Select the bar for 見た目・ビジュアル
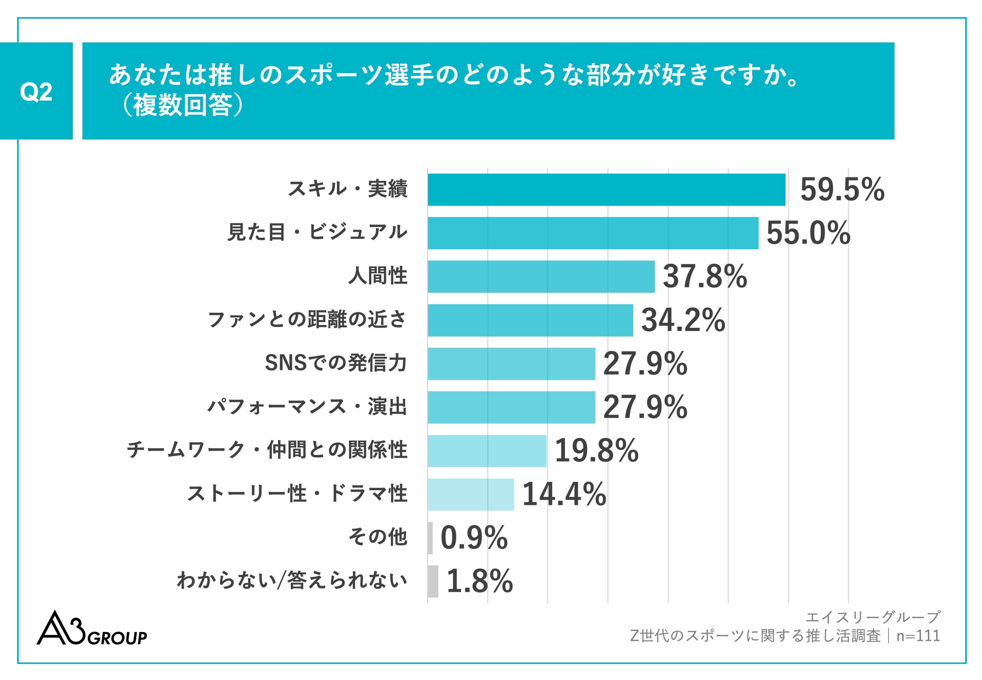point(593,233)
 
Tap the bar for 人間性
point(541,276)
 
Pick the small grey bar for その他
point(430,538)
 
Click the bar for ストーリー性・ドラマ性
point(471,494)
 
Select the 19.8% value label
point(596,451)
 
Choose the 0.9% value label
point(474,538)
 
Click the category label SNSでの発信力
point(336,363)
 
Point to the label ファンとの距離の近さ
point(307,319)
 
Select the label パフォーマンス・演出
point(307,407)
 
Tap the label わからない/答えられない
point(292,581)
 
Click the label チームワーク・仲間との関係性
point(267,450)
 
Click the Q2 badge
point(36,91)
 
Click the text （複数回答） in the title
point(183,105)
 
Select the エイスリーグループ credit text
point(873,617)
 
